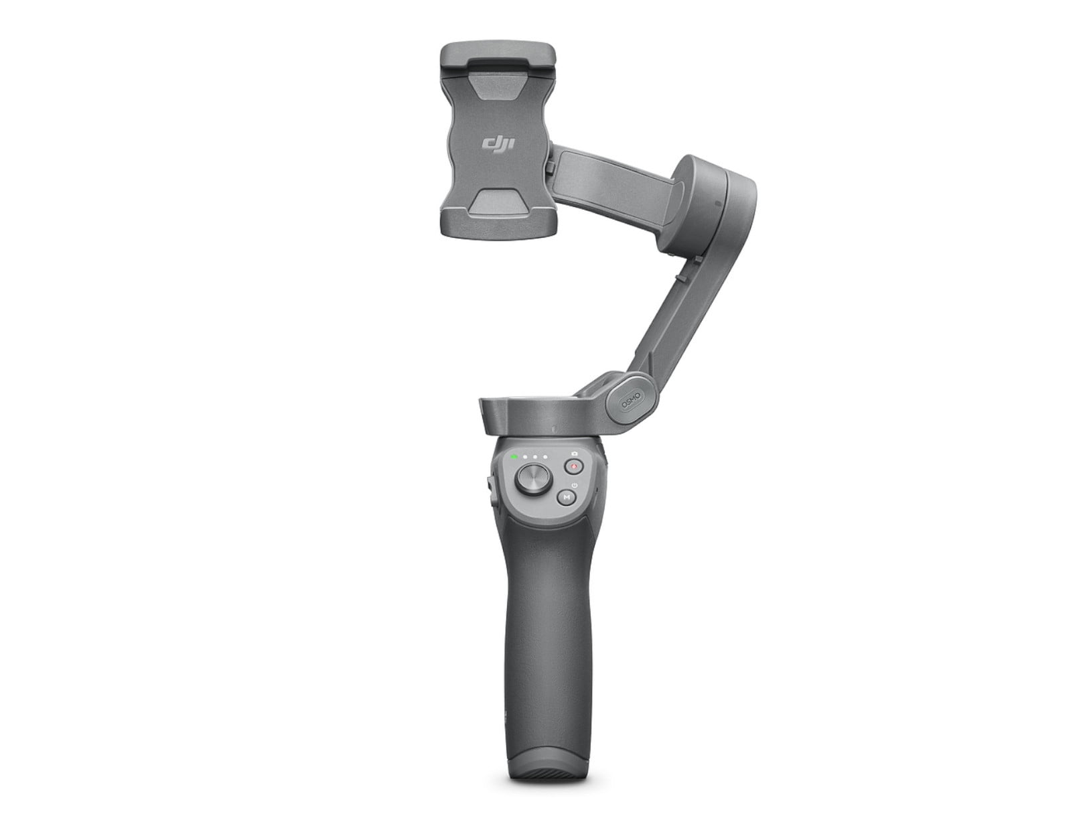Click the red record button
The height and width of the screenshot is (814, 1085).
click(573, 466)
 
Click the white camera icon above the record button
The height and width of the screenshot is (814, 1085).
click(574, 453)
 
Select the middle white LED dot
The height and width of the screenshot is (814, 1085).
click(535, 457)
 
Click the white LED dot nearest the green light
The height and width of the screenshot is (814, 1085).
click(524, 457)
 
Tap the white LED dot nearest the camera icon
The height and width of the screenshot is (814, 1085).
click(545, 457)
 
